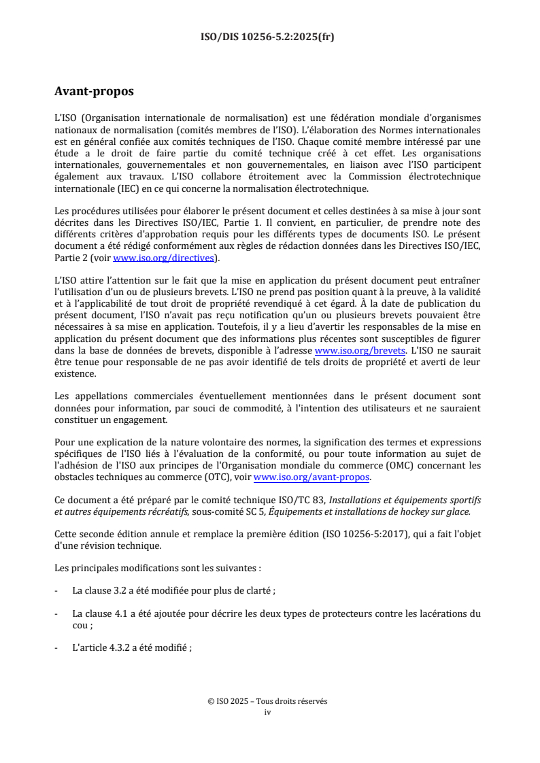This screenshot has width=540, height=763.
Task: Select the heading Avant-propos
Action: click(x=94, y=91)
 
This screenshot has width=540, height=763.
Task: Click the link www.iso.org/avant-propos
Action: click(x=311, y=477)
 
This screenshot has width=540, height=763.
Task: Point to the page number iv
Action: click(x=267, y=712)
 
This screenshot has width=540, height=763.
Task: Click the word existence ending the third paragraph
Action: click(x=75, y=373)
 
